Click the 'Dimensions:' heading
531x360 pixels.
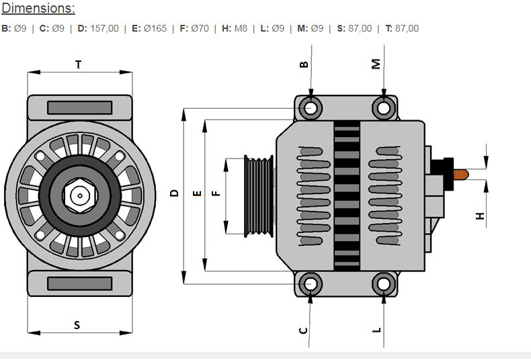38,9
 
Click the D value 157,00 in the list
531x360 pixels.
104,28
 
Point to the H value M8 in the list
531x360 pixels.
241,28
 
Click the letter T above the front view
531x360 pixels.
79,64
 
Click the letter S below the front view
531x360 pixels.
77,325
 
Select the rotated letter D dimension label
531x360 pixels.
175,193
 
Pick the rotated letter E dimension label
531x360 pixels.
196,193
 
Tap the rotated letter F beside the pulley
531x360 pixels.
216,193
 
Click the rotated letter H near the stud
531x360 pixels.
480,216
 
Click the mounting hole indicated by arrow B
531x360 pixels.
311,107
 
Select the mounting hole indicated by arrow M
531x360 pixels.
383,107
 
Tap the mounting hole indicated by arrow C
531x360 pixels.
311,284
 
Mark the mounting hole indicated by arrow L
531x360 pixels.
383,284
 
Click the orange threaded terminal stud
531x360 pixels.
461,175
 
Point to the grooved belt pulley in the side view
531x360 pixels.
259,195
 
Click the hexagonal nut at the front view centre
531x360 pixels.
79,195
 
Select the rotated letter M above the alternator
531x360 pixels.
376,64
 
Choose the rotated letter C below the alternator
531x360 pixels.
303,330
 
